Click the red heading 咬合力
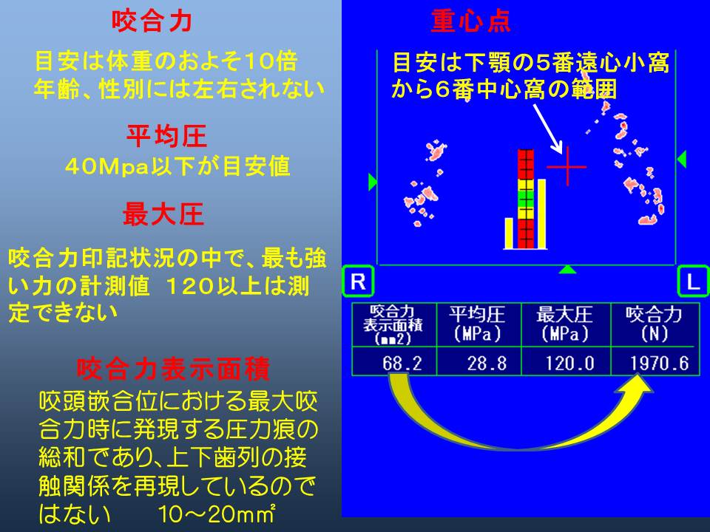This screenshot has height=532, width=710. (152, 21)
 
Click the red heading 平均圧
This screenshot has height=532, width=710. (166, 136)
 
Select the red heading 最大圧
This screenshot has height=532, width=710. (163, 214)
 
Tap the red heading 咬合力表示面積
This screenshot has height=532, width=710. (173, 369)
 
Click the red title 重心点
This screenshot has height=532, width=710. (471, 21)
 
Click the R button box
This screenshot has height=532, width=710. (358, 282)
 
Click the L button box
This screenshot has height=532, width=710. (693, 282)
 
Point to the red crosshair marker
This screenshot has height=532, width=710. (567, 166)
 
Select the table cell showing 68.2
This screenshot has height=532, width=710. (394, 361)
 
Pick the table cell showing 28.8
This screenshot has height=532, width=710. (479, 361)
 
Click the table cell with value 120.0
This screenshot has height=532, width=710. (566, 361)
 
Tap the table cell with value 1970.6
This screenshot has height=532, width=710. (655, 361)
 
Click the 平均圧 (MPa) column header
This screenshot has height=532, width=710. (479, 325)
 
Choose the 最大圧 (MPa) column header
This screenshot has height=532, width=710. (566, 325)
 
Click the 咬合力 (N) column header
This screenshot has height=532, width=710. (655, 325)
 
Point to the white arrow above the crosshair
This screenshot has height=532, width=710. (548, 129)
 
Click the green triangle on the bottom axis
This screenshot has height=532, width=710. (567, 270)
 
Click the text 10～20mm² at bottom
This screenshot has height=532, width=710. (217, 514)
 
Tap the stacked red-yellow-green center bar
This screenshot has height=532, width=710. (526, 199)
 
